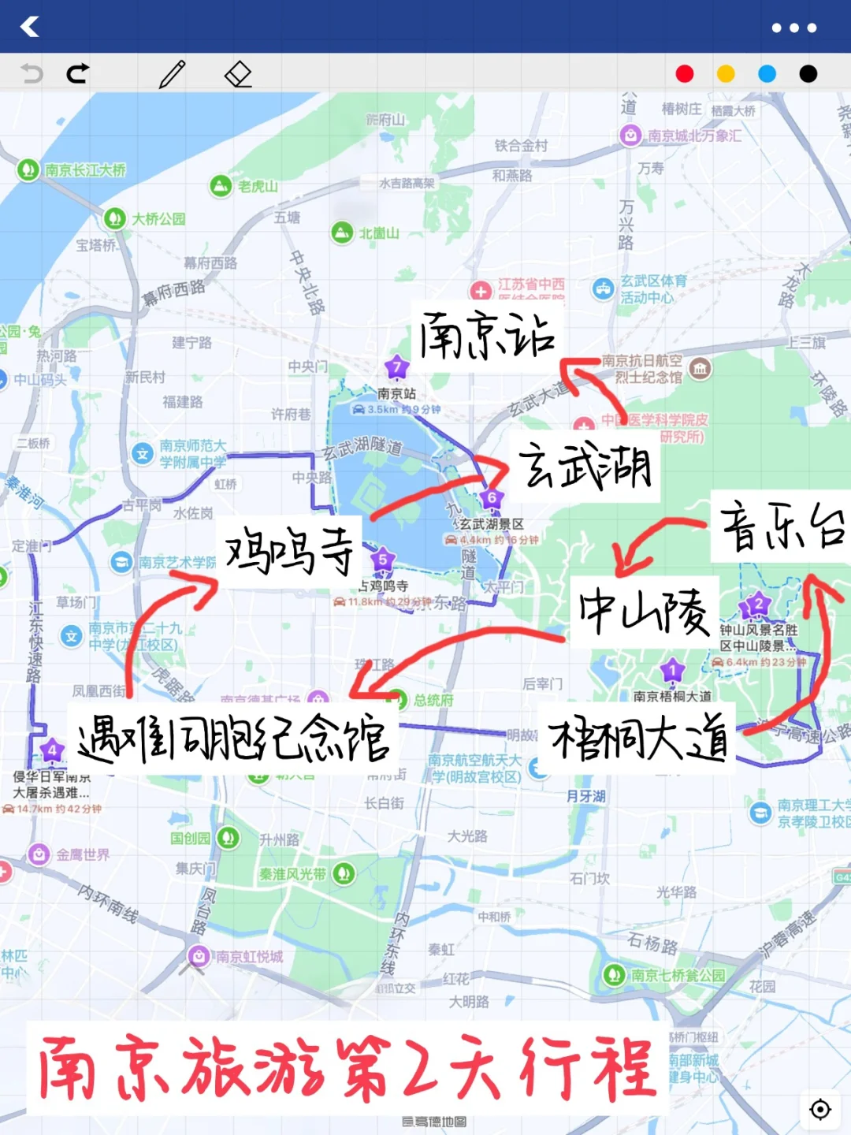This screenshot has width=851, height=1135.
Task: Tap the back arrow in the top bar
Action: (x=30, y=27)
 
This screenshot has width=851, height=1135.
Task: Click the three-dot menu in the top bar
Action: (x=793, y=28)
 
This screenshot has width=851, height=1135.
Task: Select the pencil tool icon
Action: (x=172, y=74)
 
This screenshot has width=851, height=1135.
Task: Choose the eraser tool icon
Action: (x=238, y=74)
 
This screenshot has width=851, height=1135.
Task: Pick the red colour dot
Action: (x=685, y=74)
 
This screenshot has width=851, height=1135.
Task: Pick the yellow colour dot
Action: (x=726, y=74)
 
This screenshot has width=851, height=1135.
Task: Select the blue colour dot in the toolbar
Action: (x=767, y=74)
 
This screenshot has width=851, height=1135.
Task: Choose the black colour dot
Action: (x=808, y=74)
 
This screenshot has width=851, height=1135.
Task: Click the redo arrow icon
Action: (x=77, y=74)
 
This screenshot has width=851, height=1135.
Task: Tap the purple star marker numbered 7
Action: (x=396, y=367)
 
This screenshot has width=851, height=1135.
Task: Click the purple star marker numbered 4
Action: (x=52, y=750)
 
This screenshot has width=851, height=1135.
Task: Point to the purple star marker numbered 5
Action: (x=383, y=560)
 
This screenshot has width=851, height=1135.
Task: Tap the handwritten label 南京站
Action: (x=487, y=337)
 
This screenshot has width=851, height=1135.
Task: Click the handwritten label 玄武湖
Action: (x=585, y=466)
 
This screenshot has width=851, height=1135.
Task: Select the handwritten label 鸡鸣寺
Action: (x=289, y=551)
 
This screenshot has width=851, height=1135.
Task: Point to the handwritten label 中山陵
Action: (x=645, y=612)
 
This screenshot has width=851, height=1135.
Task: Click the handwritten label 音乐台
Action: (x=782, y=527)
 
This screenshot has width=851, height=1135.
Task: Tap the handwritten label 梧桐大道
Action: (x=638, y=739)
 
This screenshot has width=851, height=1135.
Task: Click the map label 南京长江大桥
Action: (x=85, y=170)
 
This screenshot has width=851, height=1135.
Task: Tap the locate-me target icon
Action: (x=820, y=1109)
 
